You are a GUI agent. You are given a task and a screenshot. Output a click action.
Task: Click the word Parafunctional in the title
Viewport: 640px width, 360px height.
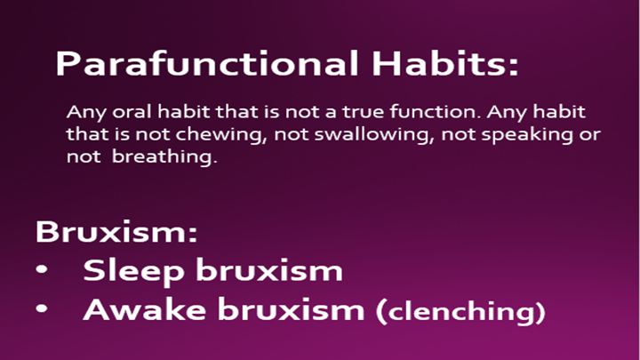pos(207,64)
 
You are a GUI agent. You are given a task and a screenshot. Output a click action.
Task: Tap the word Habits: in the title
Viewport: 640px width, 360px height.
pos(445,63)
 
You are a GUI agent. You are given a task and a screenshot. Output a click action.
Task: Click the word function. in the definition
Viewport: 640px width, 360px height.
pos(435,111)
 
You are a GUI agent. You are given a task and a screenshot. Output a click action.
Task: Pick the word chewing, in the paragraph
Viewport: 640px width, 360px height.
pos(221,135)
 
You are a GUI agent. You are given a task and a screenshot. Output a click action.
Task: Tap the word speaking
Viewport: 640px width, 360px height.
pos(527,135)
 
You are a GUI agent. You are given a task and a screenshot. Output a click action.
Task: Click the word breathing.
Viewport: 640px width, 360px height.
pos(164,157)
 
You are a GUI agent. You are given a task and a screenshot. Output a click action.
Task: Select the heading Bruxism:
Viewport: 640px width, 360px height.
pos(116,231)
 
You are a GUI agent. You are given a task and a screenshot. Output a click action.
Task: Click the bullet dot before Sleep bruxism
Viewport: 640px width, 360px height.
pos(42,269)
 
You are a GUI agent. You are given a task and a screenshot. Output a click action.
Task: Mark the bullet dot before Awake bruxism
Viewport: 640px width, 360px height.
pos(42,308)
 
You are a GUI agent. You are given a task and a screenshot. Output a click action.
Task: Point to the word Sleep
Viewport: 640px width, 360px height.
pos(133,270)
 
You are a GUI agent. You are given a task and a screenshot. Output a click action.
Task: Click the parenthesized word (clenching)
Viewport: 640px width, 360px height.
pos(460,311)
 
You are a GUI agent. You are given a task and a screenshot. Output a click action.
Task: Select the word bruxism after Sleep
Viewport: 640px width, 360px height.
pos(269,270)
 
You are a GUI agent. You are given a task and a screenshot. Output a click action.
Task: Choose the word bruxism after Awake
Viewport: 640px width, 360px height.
pos(291,309)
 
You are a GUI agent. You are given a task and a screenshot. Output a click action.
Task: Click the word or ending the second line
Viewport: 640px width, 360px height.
pos(590,135)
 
